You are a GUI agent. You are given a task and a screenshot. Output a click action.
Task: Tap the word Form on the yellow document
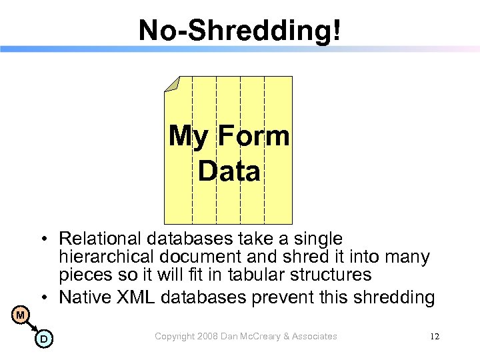(253, 136)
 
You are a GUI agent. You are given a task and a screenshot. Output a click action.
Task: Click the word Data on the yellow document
(229, 171)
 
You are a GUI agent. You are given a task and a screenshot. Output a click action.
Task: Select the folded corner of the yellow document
(172, 84)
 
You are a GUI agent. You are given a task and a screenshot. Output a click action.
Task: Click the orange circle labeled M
(20, 314)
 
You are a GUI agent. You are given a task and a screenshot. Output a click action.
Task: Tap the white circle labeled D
(43, 339)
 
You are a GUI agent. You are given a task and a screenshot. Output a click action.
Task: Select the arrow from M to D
(31, 327)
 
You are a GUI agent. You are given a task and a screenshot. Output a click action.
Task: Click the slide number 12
(435, 337)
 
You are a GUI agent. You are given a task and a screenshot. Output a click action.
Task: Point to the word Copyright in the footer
(175, 337)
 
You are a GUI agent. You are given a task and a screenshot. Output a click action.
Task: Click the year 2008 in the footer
(210, 337)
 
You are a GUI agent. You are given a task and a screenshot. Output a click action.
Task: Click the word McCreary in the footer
(262, 337)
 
